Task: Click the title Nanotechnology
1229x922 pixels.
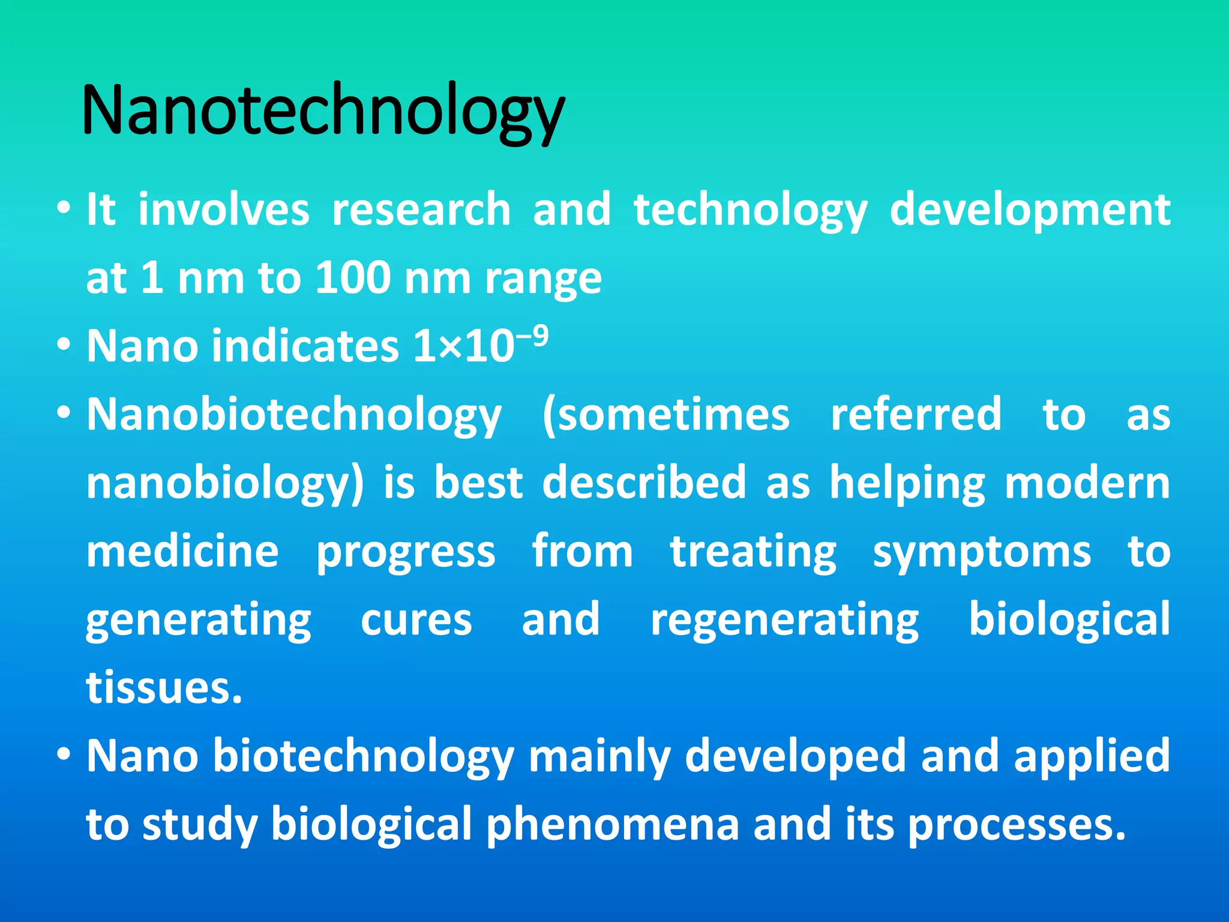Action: [323, 111]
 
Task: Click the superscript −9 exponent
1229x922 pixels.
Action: [533, 337]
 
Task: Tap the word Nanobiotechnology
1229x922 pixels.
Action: [294, 415]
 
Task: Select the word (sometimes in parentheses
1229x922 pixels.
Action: [666, 415]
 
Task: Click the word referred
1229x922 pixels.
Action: [916, 415]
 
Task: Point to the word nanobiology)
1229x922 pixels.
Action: [225, 483]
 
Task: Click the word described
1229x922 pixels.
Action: [644, 483]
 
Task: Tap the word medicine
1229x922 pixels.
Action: [182, 552]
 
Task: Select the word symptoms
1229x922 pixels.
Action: [982, 552]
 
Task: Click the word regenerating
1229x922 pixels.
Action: [784, 620]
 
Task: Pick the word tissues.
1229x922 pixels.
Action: [164, 688]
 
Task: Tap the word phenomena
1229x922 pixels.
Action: [612, 825]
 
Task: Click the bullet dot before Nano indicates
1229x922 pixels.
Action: [64, 346]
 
